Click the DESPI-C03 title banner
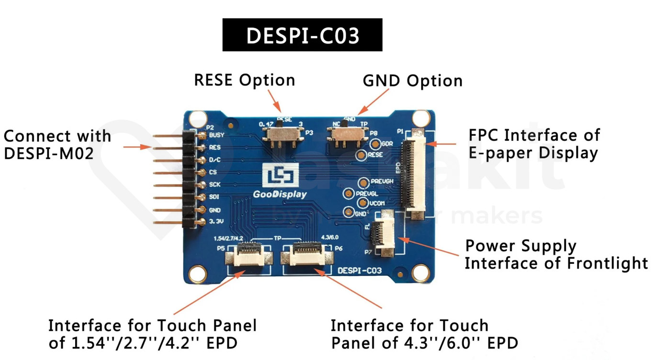[x=302, y=35]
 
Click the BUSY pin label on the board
[x=217, y=135]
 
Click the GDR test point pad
[x=376, y=144]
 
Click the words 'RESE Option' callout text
[x=244, y=80]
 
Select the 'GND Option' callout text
[x=412, y=81]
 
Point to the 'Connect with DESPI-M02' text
[x=57, y=145]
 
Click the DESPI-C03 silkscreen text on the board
[x=360, y=270]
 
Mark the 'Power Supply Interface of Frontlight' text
[x=556, y=254]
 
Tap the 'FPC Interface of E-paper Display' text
[x=534, y=144]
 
